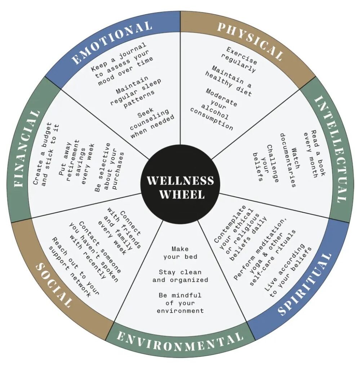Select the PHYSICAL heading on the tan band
250,40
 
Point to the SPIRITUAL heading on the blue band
305,284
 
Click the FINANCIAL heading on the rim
27,148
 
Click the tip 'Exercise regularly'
239,60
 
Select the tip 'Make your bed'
180,253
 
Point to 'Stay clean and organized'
180,276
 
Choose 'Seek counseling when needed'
151,123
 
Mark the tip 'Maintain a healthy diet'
228,81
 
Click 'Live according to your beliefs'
288,271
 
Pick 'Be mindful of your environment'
180,303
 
